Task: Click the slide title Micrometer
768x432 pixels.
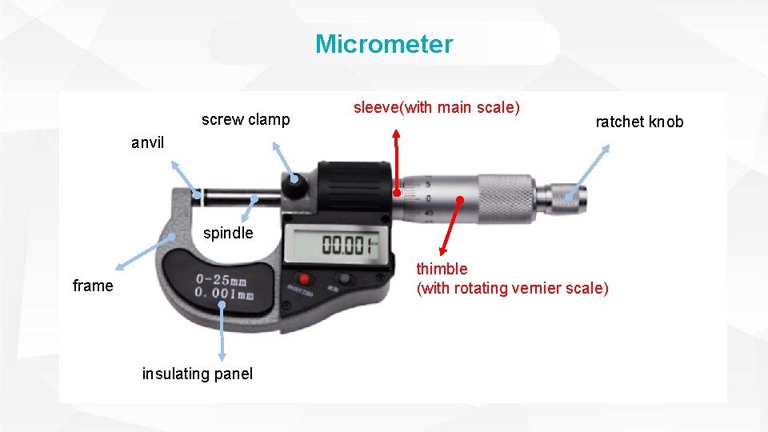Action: (384, 44)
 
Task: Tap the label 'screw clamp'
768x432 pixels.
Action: (246, 120)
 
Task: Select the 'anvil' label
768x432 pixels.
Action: (148, 143)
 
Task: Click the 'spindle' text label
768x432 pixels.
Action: (228, 234)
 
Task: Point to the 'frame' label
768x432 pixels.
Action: (93, 286)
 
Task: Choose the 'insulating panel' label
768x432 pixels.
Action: (197, 374)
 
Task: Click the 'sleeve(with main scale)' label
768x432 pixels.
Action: (437, 107)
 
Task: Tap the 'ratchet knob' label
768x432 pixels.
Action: (639, 122)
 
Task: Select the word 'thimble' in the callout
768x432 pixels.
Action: (442, 269)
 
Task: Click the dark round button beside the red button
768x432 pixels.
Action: (344, 278)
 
